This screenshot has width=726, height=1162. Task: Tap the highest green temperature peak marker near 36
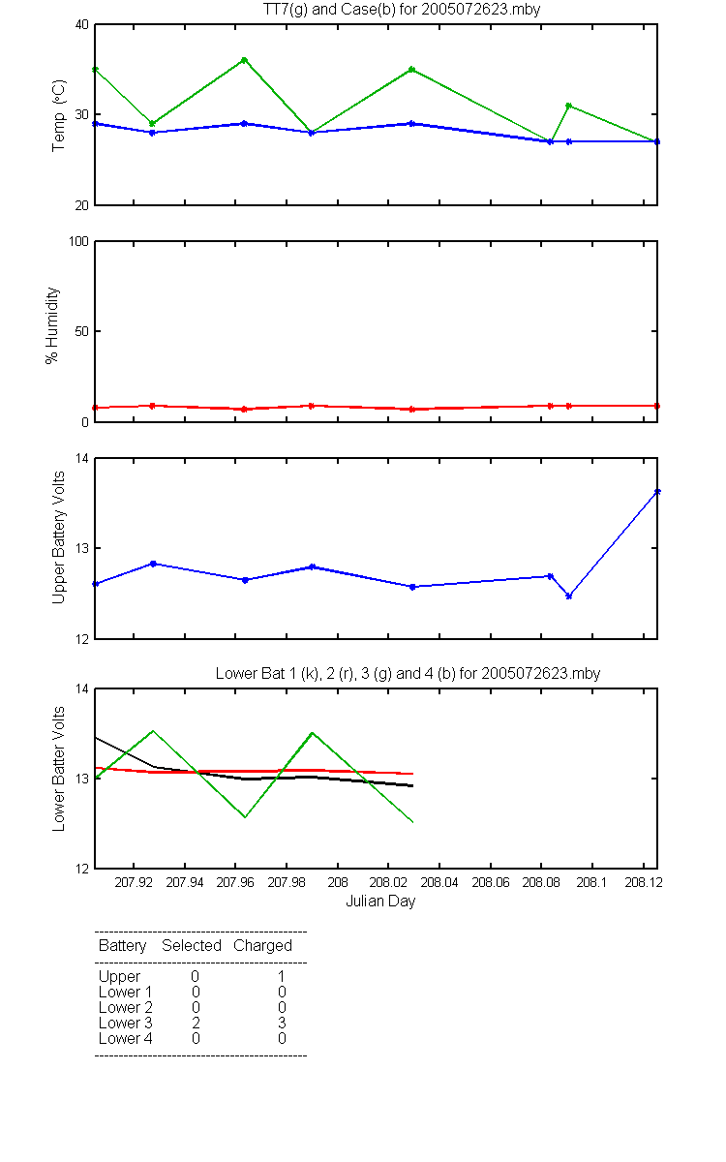coord(244,60)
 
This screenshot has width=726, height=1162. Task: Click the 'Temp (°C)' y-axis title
coord(59,115)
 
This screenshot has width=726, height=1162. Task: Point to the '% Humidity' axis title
coord(52,325)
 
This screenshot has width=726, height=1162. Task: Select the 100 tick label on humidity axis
coord(78,241)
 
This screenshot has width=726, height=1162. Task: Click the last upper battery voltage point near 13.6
coord(657,491)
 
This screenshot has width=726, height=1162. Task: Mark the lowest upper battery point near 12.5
coord(569,596)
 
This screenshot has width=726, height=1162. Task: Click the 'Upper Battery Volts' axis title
coord(59,537)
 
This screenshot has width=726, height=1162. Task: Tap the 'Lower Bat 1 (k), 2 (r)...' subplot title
coord(408,673)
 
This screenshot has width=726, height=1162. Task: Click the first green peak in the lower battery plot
coord(153,731)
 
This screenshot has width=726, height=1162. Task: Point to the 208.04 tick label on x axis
coord(439,882)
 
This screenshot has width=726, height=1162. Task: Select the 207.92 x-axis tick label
coord(134,882)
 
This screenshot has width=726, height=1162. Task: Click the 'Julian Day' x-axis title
coord(380,902)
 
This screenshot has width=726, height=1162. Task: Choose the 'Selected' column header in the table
coord(192,945)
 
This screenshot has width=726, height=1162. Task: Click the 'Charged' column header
coord(262,946)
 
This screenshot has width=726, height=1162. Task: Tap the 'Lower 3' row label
coord(126,1023)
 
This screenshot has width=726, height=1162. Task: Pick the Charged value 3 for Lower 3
coord(282,1023)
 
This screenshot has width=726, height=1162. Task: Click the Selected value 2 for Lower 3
coord(196,1023)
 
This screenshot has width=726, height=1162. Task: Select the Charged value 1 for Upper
coord(282,976)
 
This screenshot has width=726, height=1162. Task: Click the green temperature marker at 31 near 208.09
coord(569,106)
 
